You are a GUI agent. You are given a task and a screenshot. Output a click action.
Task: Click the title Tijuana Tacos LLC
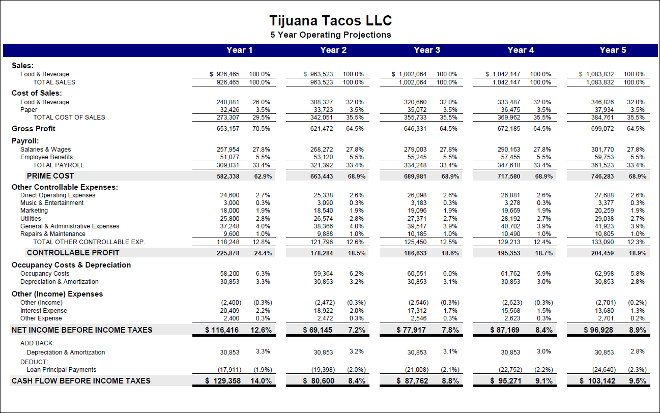(x=330, y=21)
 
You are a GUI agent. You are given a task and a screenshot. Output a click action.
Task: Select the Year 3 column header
(x=427, y=50)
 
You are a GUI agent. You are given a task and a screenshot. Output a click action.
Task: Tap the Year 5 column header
(x=613, y=50)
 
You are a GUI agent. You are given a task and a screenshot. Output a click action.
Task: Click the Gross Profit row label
(x=34, y=129)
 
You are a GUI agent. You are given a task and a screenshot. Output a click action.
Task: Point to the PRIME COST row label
(x=50, y=176)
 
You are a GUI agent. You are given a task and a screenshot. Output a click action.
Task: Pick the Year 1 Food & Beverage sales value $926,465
(x=225, y=74)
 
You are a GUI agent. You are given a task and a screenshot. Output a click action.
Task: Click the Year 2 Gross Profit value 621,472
(x=322, y=129)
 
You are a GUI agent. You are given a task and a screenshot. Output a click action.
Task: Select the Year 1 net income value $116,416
(x=222, y=330)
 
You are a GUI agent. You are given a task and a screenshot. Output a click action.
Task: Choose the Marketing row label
(x=34, y=211)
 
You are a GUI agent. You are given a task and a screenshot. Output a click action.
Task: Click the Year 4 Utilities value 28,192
(x=510, y=218)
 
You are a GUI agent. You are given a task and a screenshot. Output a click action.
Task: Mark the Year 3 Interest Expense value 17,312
(x=416, y=311)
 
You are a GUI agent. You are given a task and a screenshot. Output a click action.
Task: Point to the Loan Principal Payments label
(x=62, y=370)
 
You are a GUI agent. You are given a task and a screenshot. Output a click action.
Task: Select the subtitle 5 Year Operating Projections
(x=330, y=35)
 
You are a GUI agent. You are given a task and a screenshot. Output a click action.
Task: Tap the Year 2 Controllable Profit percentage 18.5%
(x=356, y=253)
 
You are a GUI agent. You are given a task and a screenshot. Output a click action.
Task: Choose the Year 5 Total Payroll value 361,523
(x=603, y=165)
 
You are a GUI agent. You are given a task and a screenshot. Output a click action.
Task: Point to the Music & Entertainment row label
(x=52, y=203)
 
